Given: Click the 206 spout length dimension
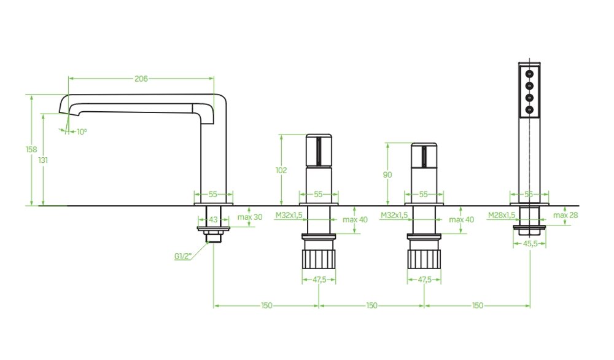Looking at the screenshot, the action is (x=141, y=79).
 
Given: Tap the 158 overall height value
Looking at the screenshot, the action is (x=31, y=149).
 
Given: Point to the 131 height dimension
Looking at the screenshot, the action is (x=43, y=160).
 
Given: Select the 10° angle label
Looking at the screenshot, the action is (x=82, y=131).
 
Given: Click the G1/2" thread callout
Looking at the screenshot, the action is (x=183, y=257).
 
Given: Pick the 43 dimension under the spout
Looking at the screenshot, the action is (x=213, y=220).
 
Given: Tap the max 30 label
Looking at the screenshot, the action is (x=250, y=217).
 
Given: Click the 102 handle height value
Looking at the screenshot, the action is (x=281, y=170).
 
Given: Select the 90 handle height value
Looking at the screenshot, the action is (x=387, y=174).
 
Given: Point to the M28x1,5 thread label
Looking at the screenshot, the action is (x=502, y=215).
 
